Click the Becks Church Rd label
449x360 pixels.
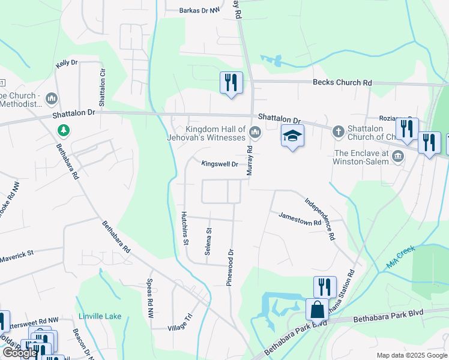[x=342, y=83]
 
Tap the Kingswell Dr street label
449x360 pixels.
[x=220, y=164]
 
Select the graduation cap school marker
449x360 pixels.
[x=292, y=136]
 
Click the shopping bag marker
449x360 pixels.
[x=317, y=310]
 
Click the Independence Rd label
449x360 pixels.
[x=319, y=219]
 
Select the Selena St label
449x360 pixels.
[x=208, y=242]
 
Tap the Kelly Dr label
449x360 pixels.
[x=67, y=62]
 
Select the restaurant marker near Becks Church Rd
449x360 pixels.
[x=231, y=83]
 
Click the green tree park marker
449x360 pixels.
[x=63, y=130]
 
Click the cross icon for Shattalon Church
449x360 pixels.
[x=338, y=130]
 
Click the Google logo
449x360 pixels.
[x=20, y=353]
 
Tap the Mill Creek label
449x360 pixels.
[x=400, y=259]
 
